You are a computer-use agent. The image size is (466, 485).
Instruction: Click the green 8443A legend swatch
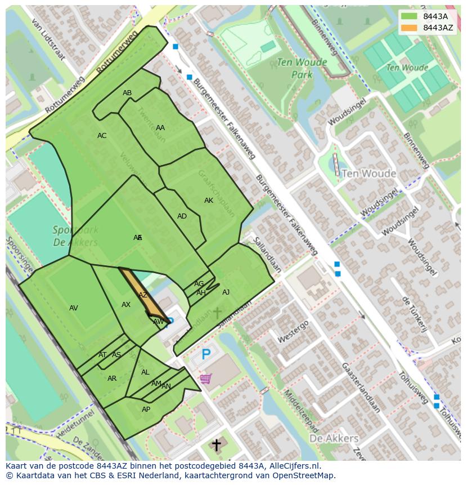(409, 16)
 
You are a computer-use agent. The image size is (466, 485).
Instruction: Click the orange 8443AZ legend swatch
(409, 28)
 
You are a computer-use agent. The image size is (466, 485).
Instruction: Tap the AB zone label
(127, 93)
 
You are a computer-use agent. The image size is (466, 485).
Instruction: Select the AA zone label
(160, 128)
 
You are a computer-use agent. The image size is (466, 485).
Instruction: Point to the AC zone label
(102, 136)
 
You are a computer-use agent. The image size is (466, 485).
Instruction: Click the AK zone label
(209, 201)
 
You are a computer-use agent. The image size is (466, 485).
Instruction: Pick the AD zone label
(182, 216)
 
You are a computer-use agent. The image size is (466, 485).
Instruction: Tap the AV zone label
(74, 308)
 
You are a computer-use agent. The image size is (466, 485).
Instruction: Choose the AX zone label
(126, 305)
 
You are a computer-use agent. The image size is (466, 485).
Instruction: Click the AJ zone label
(226, 292)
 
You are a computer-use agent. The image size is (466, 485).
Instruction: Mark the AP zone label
(146, 410)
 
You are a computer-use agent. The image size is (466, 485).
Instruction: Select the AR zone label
(112, 379)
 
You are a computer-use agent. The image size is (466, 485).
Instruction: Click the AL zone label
(145, 372)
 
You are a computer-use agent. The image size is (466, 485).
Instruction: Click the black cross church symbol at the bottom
(216, 446)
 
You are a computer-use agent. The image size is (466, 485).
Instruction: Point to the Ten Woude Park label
(294, 69)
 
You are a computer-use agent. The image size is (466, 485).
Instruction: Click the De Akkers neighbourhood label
(334, 438)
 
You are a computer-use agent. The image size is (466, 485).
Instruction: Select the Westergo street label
(293, 332)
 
